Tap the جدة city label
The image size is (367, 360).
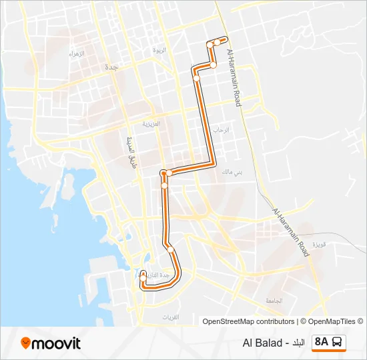111,67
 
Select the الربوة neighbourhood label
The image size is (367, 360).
159,51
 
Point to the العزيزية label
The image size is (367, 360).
151,124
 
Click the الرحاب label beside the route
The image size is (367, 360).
221,130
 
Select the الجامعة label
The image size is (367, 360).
274,301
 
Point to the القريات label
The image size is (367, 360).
172,317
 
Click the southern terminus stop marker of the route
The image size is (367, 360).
143,273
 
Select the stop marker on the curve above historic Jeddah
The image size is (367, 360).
171,250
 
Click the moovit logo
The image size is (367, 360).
51,343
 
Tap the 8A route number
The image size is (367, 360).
322,343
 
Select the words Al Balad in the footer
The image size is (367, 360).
262,343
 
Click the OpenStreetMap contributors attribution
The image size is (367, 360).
248,321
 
